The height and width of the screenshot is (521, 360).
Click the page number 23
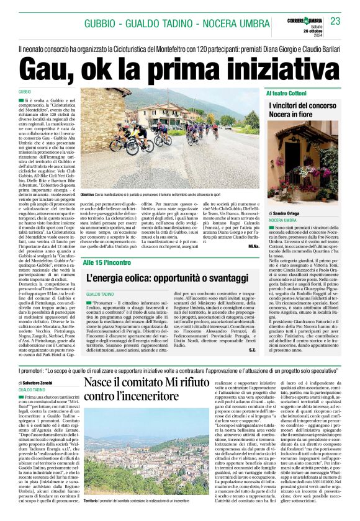(x=336, y=22)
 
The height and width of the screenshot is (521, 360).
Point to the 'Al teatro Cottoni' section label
(x=287, y=92)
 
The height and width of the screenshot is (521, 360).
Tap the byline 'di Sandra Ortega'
(x=284, y=212)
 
